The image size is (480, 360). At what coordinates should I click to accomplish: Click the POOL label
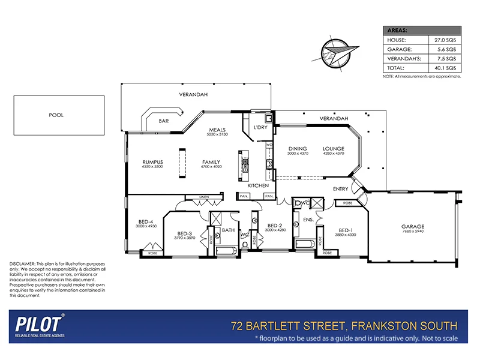tap(56, 115)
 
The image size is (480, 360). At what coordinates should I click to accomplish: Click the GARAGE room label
tap(412, 227)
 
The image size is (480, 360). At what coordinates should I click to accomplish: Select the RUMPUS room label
tap(153, 161)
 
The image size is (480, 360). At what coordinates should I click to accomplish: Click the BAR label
tap(163, 121)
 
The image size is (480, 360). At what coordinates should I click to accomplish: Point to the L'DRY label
tap(260, 128)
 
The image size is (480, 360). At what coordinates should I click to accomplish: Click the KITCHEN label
tap(258, 186)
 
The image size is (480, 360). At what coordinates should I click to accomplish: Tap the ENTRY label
tap(341, 189)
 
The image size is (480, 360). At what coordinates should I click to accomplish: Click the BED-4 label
tap(146, 221)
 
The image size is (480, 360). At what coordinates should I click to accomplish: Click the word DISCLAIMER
tap(22, 264)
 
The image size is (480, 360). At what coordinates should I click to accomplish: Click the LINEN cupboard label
tap(204, 197)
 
